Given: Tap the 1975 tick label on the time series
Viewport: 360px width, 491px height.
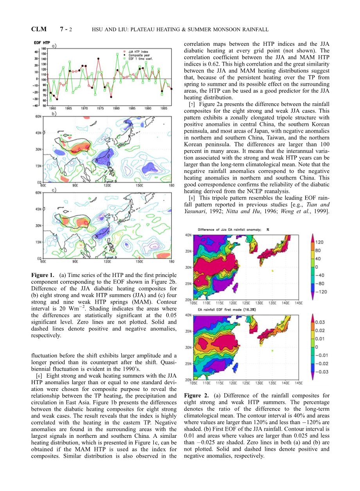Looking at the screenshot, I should [100, 108].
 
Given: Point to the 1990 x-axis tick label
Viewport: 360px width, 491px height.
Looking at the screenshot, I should [148, 108].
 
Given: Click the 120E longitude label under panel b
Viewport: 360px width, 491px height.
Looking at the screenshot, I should [107, 185].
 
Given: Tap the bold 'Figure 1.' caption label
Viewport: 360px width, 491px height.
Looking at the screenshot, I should [43, 275].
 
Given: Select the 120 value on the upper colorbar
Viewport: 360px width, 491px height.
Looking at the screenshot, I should [319, 243].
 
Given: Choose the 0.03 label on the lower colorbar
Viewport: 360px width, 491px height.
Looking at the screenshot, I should [320, 322].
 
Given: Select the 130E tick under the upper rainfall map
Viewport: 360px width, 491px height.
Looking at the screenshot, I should [259, 303].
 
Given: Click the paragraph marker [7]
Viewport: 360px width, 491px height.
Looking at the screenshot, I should [192, 104].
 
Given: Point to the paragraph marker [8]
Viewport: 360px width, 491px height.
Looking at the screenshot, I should [192, 198].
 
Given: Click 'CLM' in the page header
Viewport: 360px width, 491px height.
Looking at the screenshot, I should [39, 29].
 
